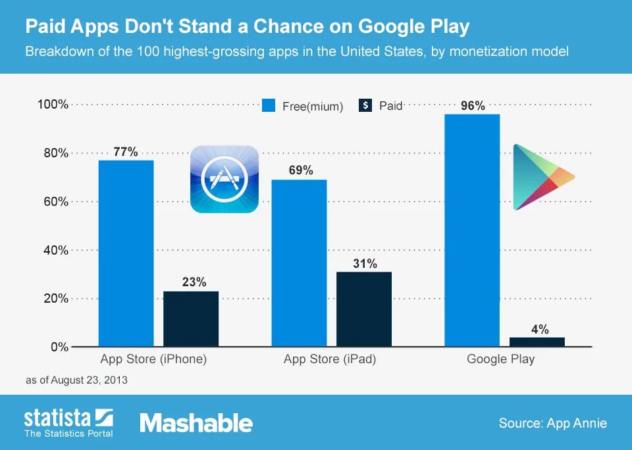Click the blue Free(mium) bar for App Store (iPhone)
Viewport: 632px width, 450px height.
tap(126, 253)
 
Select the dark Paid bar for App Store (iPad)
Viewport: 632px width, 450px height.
tap(364, 309)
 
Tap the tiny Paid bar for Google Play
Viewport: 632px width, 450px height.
tap(537, 341)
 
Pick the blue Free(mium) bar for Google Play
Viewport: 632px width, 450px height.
tap(472, 230)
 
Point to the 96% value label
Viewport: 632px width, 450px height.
tap(473, 105)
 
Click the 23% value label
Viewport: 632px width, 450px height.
tap(194, 282)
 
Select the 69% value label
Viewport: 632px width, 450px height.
tap(300, 170)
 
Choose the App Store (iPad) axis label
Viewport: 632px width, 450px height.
tap(330, 359)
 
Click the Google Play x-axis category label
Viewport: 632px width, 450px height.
tap(500, 359)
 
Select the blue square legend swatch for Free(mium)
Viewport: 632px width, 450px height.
tap(268, 106)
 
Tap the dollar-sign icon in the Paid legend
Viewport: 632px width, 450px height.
tap(366, 105)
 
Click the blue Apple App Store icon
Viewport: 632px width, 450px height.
tap(224, 179)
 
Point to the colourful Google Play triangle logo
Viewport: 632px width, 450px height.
tap(542, 177)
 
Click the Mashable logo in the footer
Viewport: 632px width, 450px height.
tap(196, 423)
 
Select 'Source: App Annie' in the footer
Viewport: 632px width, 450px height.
tap(552, 423)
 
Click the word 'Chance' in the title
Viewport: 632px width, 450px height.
tap(316, 27)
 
